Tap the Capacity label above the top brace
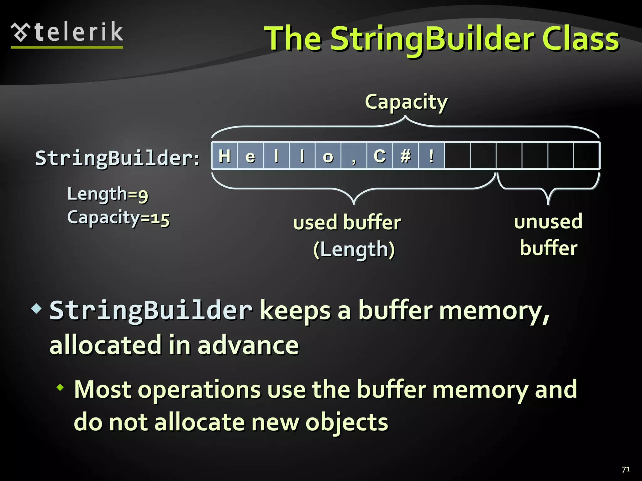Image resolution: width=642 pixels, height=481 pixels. coord(406,102)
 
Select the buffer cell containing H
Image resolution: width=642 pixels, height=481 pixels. coord(224,156)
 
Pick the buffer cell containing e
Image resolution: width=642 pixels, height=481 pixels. coord(250,156)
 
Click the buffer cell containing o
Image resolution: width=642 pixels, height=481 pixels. coord(328,156)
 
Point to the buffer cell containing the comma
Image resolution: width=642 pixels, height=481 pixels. coord(354,156)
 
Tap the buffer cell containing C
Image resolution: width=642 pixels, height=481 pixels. coord(380,156)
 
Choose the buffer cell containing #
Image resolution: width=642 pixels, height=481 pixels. coord(406,156)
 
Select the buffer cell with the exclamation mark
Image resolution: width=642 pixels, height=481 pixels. coord(431,156)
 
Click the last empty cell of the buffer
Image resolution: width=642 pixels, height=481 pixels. coord(586,156)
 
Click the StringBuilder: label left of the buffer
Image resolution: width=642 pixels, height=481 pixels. coord(117,158)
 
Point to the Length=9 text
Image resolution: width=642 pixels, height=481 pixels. coord(108,194)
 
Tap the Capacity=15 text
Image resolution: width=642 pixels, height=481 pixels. coord(118,218)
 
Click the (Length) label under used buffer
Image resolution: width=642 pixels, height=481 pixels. coord(354,250)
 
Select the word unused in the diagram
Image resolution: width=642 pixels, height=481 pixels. coord(548,221)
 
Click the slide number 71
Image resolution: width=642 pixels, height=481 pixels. coord(626,469)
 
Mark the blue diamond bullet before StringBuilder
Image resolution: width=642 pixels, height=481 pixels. coord(36,309)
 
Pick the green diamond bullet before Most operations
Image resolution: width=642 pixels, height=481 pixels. coord(60,388)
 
